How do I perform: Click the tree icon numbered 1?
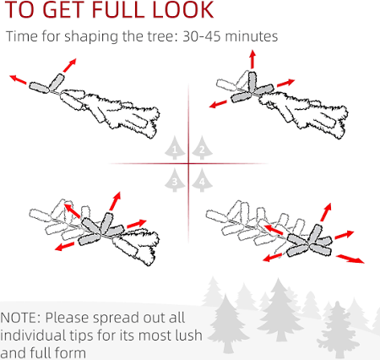(x=175, y=148)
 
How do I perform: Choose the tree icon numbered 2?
(x=202, y=148)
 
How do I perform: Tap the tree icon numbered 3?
(x=175, y=180)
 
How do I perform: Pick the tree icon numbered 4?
(x=202, y=180)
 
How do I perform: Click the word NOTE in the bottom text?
(x=19, y=318)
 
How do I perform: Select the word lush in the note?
(x=188, y=335)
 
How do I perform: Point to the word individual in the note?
(x=32, y=335)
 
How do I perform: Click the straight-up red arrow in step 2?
(x=252, y=59)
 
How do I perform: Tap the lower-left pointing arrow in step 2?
(x=218, y=104)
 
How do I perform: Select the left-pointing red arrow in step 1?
(x=18, y=79)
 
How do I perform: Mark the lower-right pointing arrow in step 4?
(x=350, y=259)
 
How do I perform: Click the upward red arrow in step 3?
(x=115, y=201)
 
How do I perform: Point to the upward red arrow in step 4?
(x=326, y=212)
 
